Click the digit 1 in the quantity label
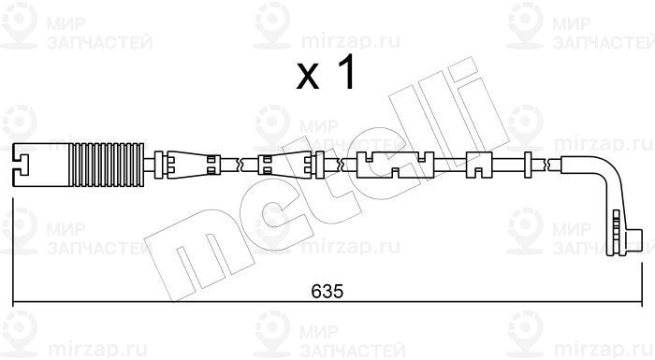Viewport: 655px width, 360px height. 344,72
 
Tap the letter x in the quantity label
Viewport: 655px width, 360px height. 308,77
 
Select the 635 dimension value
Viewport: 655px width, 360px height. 327,291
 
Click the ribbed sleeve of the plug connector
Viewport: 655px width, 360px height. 107,165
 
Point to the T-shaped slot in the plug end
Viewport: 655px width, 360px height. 21,165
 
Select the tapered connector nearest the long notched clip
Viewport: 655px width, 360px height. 284,165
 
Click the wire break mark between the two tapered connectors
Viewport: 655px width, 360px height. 240,165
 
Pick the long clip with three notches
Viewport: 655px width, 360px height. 395,165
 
